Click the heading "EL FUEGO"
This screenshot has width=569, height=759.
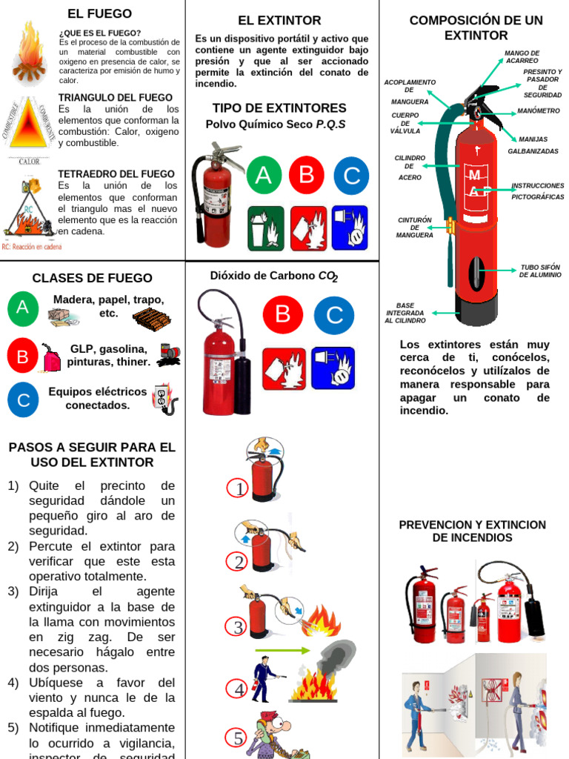pyautogui.click(x=99, y=14)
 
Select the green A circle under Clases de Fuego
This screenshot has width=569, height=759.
pyautogui.click(x=22, y=308)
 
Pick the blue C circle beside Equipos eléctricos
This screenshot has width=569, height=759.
pyautogui.click(x=23, y=400)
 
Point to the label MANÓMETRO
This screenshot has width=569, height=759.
pyautogui.click(x=538, y=111)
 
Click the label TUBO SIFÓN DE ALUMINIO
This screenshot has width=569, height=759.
pyautogui.click(x=540, y=271)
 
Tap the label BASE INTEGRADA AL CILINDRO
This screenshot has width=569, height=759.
pyautogui.click(x=405, y=313)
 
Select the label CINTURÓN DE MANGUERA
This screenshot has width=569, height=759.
pyautogui.click(x=415, y=228)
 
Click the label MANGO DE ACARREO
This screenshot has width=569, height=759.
pyautogui.click(x=522, y=57)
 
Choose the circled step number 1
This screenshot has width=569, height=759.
pyautogui.click(x=239, y=489)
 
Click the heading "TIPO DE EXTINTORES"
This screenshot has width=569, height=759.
pyautogui.click(x=279, y=108)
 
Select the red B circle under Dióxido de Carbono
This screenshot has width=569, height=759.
pyautogui.click(x=282, y=314)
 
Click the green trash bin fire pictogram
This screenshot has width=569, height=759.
pyautogui.click(x=265, y=228)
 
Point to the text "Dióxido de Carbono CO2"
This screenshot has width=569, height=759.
pyautogui.click(x=273, y=276)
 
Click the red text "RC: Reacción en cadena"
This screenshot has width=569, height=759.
pyautogui.click(x=32, y=248)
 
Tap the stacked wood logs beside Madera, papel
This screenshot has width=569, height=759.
pyautogui.click(x=151, y=319)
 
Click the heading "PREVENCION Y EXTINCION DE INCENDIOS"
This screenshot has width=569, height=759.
pyautogui.click(x=472, y=531)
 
